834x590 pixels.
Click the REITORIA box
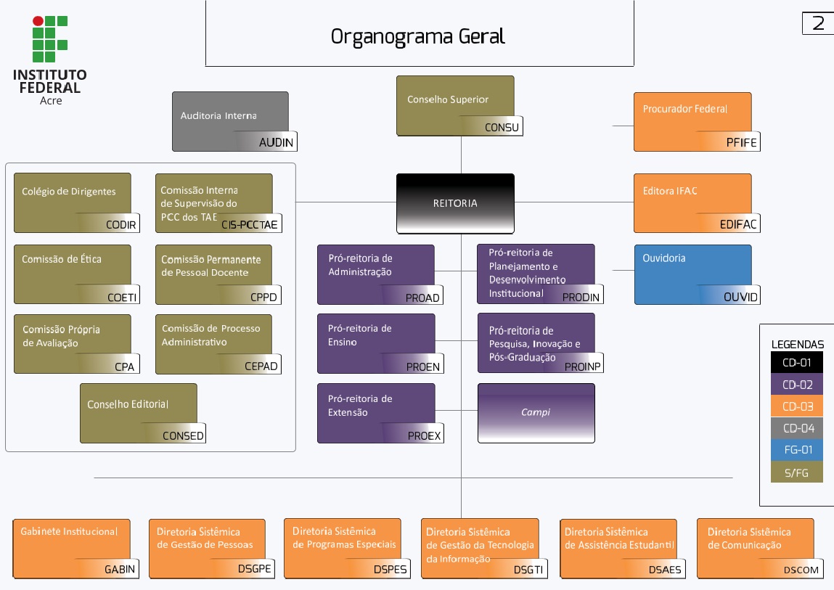[455, 203]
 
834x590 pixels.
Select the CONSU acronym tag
[502, 128]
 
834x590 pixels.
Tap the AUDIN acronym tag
[276, 143]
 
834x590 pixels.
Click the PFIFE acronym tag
[741, 143]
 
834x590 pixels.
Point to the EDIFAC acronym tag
[738, 224]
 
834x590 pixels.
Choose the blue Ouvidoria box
[692, 274]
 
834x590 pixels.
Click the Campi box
[536, 412]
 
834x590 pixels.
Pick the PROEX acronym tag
[424, 435]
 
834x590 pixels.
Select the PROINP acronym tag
[583, 366]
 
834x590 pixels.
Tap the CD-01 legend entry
[797, 362]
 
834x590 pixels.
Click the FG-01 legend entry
[797, 450]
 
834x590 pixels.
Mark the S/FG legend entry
[797, 472]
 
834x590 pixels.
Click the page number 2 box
[818, 23]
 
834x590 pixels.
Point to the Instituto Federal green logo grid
[49, 39]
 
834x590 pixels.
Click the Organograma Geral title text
[417, 36]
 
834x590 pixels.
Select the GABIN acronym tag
[120, 569]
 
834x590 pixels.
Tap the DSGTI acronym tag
[528, 570]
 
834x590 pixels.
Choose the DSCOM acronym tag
[801, 570]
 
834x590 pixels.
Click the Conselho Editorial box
[138, 412]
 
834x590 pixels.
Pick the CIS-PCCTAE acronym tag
[250, 225]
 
